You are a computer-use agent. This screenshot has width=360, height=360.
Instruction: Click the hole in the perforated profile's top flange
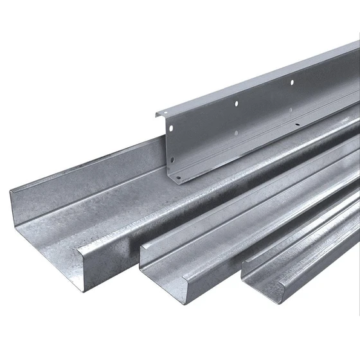pos(292,82)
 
